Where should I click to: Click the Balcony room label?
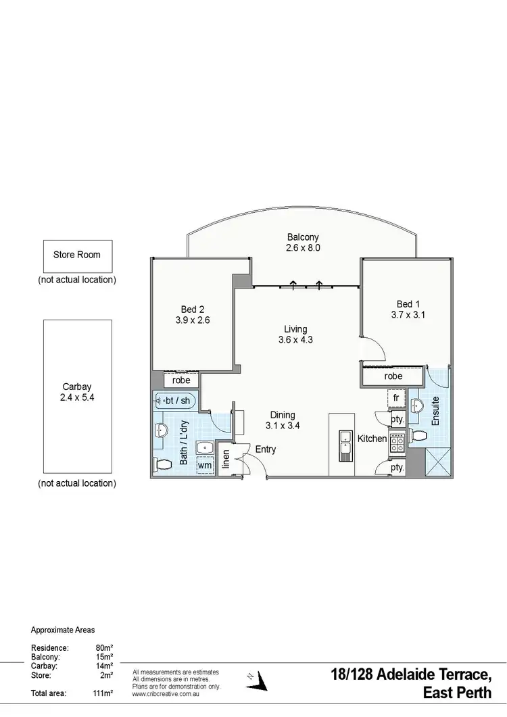pyautogui.click(x=302, y=237)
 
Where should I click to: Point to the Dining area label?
pyautogui.click(x=283, y=415)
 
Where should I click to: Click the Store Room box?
pyautogui.click(x=77, y=255)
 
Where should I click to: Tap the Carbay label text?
pyautogui.click(x=77, y=387)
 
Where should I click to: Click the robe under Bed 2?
pyautogui.click(x=181, y=380)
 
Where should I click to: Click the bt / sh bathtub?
pyautogui.click(x=175, y=401)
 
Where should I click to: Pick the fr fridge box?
pyautogui.click(x=396, y=399)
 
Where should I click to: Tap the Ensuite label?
pyautogui.click(x=436, y=410)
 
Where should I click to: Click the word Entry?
pyautogui.click(x=265, y=449)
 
